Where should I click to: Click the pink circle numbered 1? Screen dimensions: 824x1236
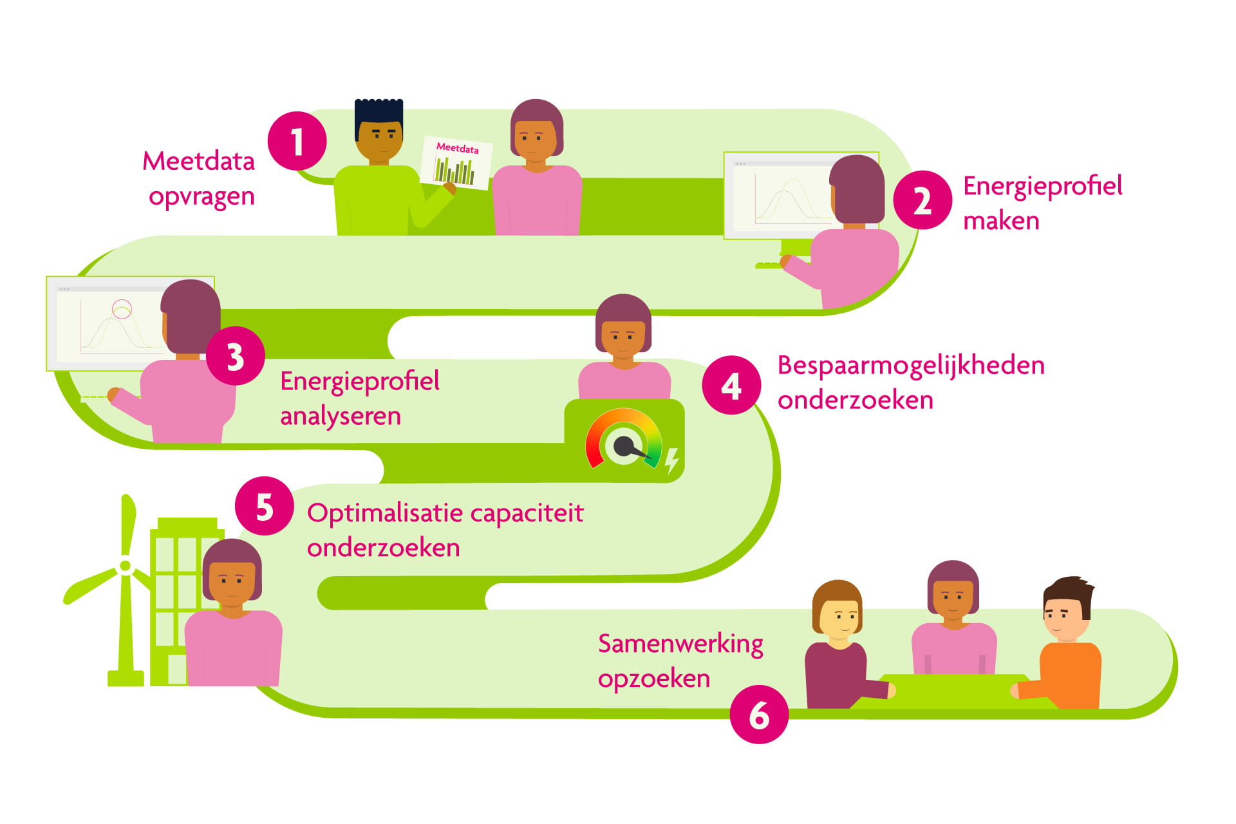(297, 141)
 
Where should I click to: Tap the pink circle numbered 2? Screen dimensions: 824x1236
(922, 200)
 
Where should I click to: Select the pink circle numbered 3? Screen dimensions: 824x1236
(235, 356)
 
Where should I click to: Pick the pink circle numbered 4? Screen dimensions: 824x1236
(731, 385)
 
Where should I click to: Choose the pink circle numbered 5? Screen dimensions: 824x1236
(264, 506)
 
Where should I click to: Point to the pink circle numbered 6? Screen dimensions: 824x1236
(759, 715)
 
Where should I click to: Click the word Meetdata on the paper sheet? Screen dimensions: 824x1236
(457, 148)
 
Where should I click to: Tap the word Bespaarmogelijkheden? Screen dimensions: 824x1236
(910, 366)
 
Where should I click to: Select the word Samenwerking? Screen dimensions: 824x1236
(680, 644)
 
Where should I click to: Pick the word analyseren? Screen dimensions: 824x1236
(341, 416)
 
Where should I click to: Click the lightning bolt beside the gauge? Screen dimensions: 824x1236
(671, 460)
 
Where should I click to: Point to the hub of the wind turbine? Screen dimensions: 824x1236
(126, 566)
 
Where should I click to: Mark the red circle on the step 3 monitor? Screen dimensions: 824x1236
(122, 309)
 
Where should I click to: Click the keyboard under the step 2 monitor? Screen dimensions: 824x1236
(769, 265)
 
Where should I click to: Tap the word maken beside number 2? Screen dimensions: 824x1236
(1001, 221)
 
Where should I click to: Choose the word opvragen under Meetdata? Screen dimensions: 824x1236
(201, 196)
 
